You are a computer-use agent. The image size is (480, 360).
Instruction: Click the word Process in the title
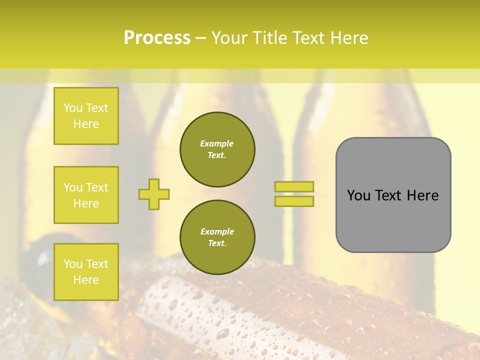157,38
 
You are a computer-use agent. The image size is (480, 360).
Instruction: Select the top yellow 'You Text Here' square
86,116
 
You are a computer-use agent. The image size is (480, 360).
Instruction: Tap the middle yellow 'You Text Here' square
86,195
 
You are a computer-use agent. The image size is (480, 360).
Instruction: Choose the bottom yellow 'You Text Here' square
86,271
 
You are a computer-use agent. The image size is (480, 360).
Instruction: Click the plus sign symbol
154,194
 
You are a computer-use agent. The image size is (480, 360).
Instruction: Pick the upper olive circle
217,149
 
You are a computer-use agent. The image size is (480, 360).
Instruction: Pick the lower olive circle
217,237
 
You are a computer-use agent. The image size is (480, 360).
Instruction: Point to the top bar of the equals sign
294,186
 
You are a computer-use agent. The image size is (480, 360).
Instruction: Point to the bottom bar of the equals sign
294,201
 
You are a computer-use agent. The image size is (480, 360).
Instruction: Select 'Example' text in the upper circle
216,143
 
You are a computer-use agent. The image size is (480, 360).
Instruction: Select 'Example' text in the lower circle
216,231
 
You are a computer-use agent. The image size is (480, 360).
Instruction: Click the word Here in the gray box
423,195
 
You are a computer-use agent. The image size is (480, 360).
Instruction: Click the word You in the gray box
358,195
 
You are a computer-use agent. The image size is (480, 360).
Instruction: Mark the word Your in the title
229,38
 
